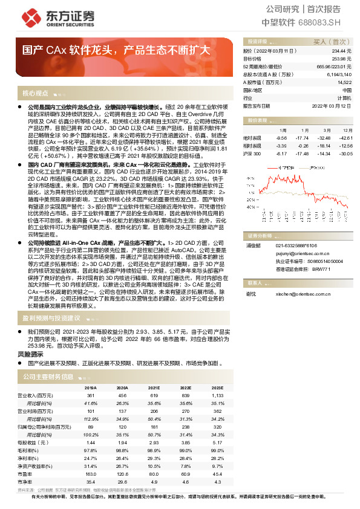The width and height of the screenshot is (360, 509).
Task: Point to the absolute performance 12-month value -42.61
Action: (x=345, y=138)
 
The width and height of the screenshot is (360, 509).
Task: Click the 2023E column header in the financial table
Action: (x=215, y=387)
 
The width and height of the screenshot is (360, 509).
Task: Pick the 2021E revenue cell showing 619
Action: (x=154, y=395)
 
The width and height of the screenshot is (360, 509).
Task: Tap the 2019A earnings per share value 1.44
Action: (x=91, y=442)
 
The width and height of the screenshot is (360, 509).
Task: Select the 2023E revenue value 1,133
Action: (x=216, y=395)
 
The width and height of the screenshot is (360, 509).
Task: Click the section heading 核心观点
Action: (x=35, y=94)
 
